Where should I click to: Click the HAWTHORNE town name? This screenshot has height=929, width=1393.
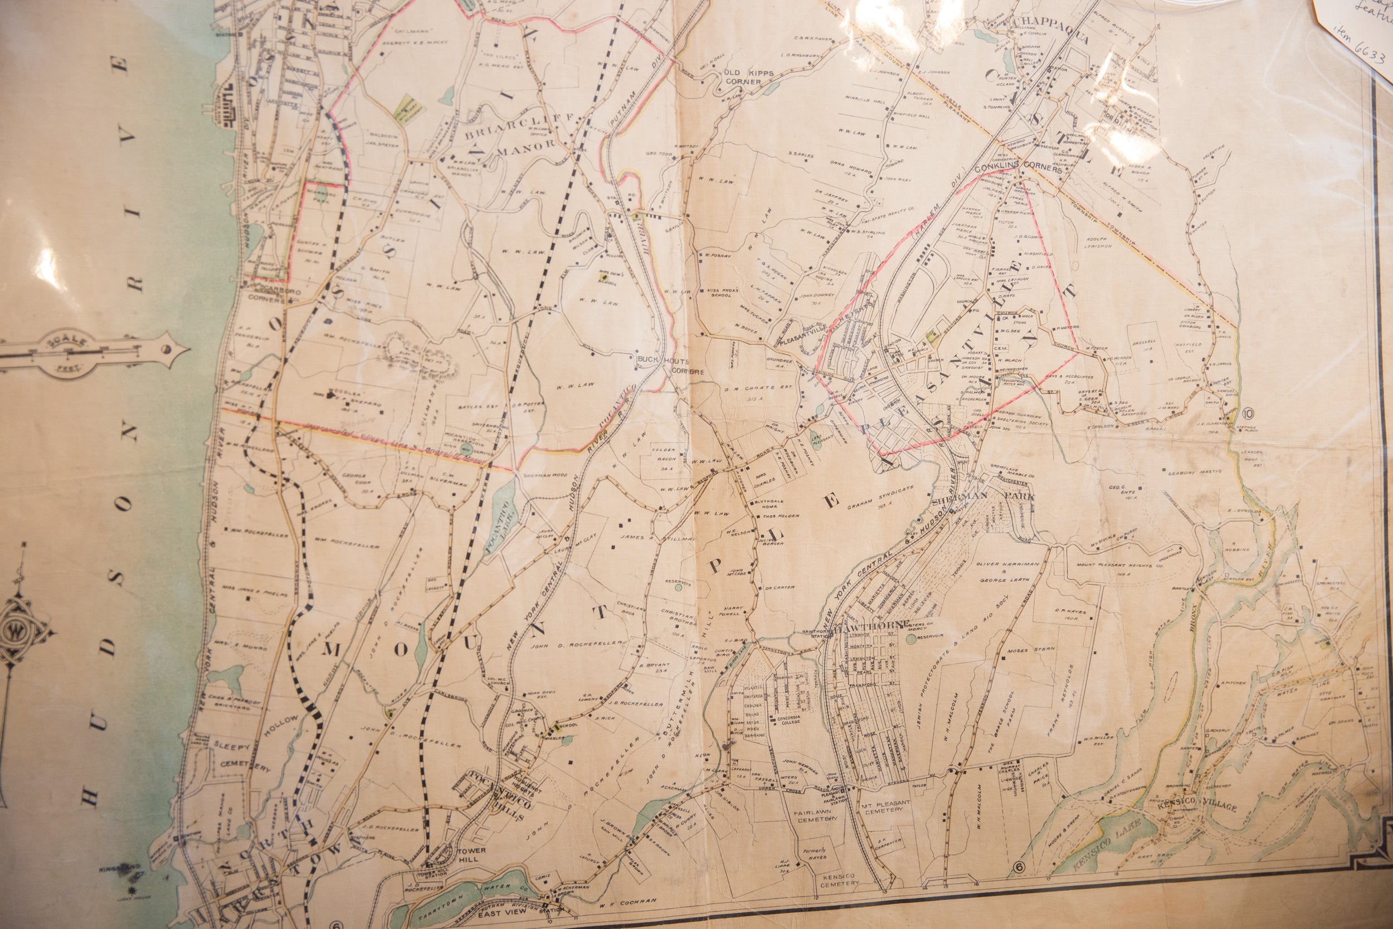pyautogui.click(x=873, y=625)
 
